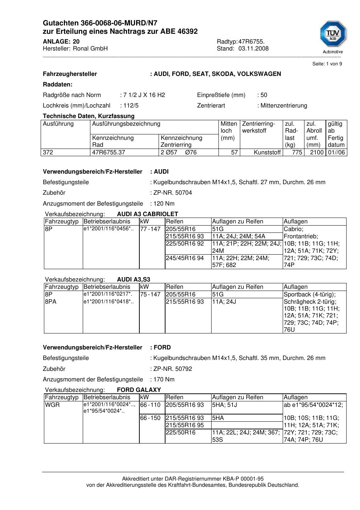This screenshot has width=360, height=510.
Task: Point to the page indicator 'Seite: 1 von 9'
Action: coord(327,64)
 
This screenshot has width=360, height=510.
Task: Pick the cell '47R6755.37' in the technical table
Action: coord(109,153)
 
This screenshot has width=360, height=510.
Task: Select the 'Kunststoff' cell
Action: coord(267,153)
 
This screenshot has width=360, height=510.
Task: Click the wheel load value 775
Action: coord(297,153)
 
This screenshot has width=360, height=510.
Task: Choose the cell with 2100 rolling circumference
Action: coord(316,153)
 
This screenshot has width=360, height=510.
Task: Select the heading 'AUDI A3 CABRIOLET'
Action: coord(147,214)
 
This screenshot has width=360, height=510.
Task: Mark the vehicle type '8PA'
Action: coord(51,302)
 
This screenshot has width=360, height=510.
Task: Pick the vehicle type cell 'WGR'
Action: coord(52,405)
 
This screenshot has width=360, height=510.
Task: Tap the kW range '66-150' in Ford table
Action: coord(150,418)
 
